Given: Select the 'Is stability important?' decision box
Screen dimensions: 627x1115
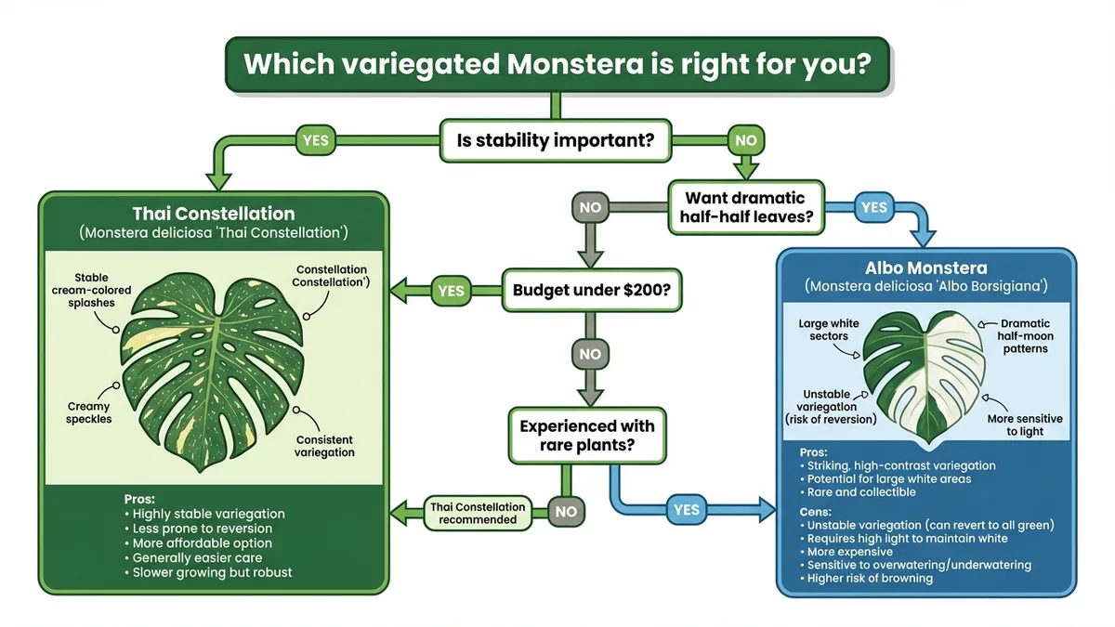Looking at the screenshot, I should tap(555, 142).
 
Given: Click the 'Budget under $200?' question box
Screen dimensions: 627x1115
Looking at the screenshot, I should tap(592, 289).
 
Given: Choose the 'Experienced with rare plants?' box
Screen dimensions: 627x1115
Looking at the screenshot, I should tap(587, 436).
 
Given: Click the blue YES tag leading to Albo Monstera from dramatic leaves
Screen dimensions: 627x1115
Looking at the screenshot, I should tap(873, 208).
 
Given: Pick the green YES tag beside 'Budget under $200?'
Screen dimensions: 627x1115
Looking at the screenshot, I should tap(450, 290).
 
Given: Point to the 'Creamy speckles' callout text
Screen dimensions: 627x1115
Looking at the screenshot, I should tap(89, 412).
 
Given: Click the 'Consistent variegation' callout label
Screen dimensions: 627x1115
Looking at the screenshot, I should tap(325, 446).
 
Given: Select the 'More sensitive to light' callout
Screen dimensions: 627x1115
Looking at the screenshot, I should tap(1025, 425).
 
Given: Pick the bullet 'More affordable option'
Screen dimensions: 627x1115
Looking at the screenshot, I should tap(203, 542).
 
